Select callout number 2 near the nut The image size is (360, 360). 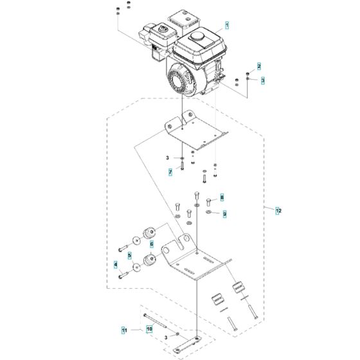[259, 66]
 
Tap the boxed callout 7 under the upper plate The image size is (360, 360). [170, 172]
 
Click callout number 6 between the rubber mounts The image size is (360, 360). [152, 244]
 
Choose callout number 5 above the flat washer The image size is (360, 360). [129, 255]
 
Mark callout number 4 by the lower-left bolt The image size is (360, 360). [116, 264]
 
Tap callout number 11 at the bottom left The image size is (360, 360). [124, 330]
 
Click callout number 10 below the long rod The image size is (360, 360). [148, 329]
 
